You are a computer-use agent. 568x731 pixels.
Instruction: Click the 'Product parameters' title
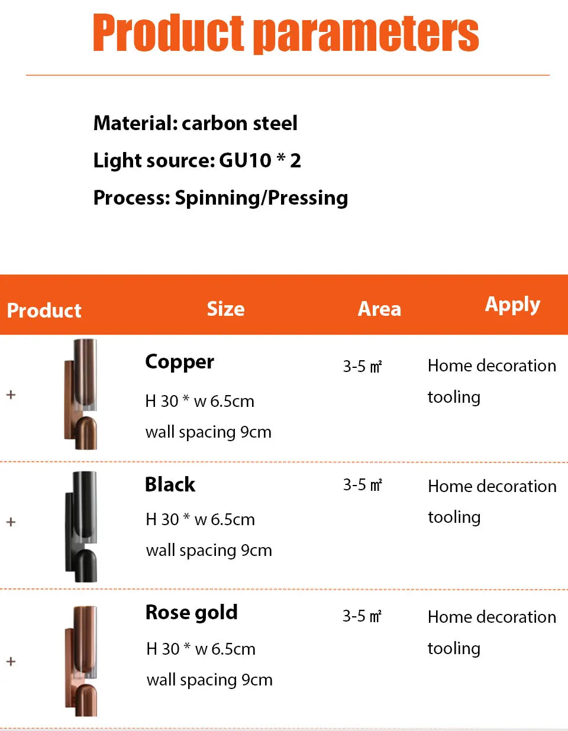286,33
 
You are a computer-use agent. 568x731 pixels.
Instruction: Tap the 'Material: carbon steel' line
195,123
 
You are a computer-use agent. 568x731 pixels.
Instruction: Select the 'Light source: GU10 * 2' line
197,160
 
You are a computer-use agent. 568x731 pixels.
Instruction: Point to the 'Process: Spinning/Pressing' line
221,198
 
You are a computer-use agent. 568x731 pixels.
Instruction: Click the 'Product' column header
44,310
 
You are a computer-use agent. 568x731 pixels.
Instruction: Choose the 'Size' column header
225,309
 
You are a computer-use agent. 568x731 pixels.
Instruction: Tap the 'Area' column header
379,309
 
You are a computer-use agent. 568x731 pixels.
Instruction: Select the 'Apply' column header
512,305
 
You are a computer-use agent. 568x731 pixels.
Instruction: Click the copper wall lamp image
80,394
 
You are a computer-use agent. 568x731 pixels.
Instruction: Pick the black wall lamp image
81,526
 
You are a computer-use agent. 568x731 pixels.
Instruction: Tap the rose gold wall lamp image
81,661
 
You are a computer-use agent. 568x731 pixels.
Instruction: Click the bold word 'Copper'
179,363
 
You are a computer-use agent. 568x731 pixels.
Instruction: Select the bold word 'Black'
170,485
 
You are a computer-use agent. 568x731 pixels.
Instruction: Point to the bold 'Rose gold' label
192,612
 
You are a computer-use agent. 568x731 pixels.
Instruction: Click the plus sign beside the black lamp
11,522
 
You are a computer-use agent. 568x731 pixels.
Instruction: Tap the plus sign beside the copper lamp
11,394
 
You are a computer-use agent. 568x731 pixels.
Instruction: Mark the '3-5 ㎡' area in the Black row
363,485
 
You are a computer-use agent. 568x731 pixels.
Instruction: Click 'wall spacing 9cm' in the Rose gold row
209,680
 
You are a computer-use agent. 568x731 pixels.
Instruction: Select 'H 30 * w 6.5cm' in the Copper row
199,401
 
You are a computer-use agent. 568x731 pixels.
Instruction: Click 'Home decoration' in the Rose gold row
492,617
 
